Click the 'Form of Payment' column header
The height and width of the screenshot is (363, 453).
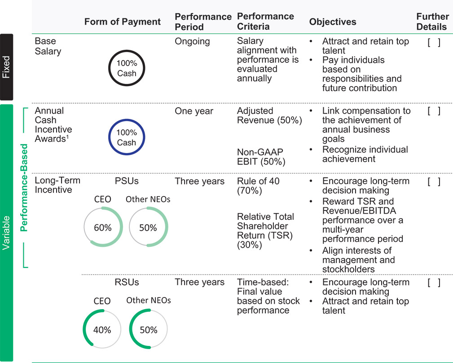pyautogui.click(x=122, y=22)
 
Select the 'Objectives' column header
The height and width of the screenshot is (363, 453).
pyautogui.click(x=333, y=22)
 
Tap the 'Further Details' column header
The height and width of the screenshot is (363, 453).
pyautogui.click(x=432, y=22)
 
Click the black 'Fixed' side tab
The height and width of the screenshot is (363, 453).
pyautogui.click(x=7, y=67)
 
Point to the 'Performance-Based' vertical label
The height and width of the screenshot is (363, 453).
pyautogui.click(x=24, y=188)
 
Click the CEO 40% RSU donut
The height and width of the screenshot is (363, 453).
pyautogui.click(x=84, y=329)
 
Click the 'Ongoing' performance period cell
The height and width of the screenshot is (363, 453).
pyautogui.click(x=192, y=42)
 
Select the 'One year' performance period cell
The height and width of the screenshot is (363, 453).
pyautogui.click(x=194, y=111)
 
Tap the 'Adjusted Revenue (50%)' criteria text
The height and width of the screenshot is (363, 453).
pyautogui.click(x=269, y=115)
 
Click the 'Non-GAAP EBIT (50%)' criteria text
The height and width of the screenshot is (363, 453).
pyautogui.click(x=261, y=157)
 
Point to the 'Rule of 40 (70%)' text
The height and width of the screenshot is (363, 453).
pyautogui.click(x=258, y=186)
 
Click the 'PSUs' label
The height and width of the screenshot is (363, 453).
pyautogui.click(x=127, y=181)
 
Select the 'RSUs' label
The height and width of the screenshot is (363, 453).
pyautogui.click(x=127, y=282)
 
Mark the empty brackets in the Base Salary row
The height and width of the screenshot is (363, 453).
pyautogui.click(x=434, y=43)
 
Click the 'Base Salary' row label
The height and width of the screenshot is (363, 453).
pyautogui.click(x=48, y=46)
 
